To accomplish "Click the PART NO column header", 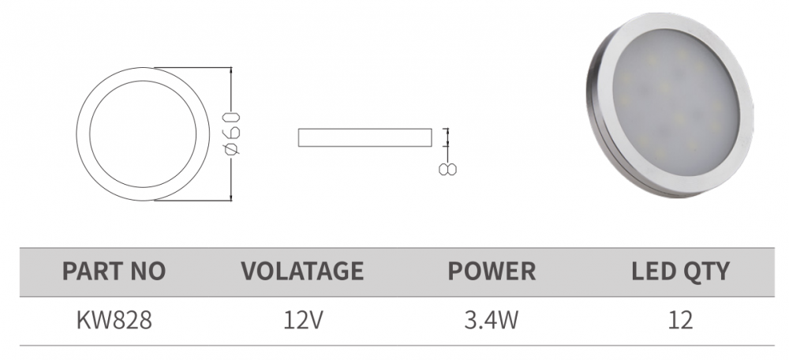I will click(x=114, y=271).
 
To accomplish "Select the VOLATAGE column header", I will click(x=303, y=271).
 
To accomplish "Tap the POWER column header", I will click(x=492, y=271).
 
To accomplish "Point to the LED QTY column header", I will click(x=680, y=271).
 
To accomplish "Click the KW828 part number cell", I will click(x=114, y=321).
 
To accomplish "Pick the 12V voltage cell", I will click(x=303, y=321).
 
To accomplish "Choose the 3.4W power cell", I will click(x=492, y=321).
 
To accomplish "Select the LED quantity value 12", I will click(x=680, y=321).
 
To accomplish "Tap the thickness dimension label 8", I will click(x=448, y=167).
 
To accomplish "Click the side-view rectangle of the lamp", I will click(x=365, y=137).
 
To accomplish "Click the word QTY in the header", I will click(x=705, y=271).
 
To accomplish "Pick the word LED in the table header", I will click(x=653, y=271).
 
